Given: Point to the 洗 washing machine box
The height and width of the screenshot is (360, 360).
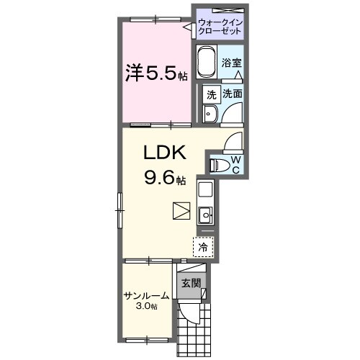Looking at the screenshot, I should [211, 94].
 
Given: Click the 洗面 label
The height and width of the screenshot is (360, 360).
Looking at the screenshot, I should [232, 94].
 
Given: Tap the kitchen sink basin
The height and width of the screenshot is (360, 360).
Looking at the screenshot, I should [204, 213].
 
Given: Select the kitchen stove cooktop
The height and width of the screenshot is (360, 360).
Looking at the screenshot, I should [204, 190].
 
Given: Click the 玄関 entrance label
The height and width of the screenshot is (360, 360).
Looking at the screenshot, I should [191, 282].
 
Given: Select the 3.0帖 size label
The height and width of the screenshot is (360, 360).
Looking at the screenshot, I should [147, 307].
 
